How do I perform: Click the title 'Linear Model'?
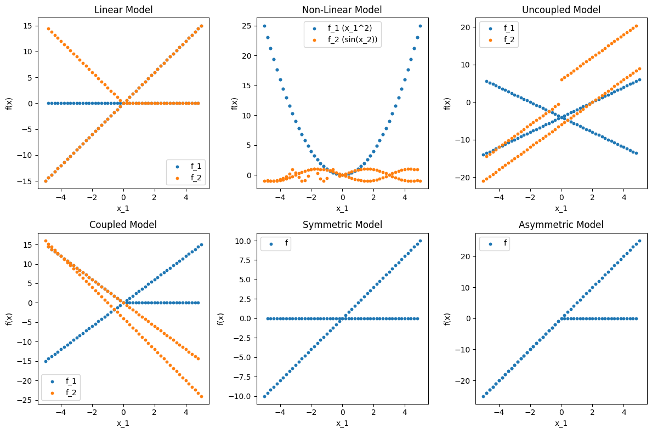(123, 10)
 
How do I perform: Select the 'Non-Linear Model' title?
(342, 10)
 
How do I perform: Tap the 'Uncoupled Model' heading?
(561, 10)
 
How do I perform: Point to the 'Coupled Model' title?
(123, 225)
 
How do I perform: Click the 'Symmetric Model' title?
(342, 225)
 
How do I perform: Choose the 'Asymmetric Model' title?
(561, 225)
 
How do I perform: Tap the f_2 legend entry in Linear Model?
(190, 176)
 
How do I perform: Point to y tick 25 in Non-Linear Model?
(246, 26)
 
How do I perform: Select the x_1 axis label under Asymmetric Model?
(561, 423)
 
